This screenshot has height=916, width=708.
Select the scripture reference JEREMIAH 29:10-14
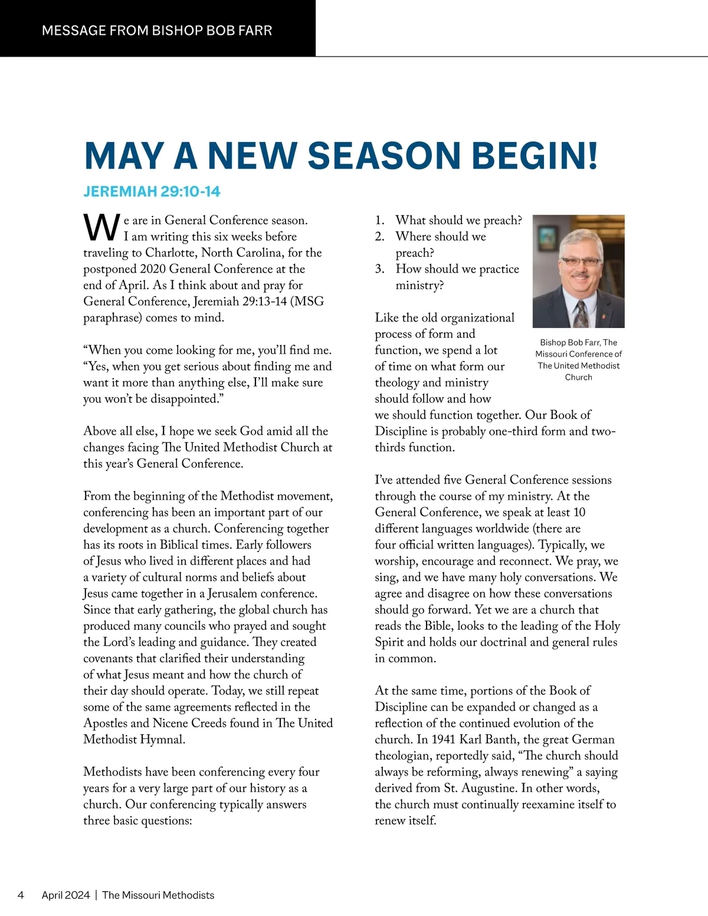[x=152, y=192]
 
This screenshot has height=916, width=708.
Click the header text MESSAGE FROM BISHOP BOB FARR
[x=157, y=31]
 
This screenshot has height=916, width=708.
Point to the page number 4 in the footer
[x=21, y=895]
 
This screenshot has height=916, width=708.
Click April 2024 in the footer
[x=65, y=895]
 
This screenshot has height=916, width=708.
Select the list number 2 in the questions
[x=380, y=237]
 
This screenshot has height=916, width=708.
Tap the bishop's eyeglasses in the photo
[x=580, y=261]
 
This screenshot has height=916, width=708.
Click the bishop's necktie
[x=581, y=313]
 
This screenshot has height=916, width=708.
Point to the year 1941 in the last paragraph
[x=443, y=740]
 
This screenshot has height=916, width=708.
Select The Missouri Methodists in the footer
[x=158, y=895]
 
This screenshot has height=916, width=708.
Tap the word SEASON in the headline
[x=385, y=156]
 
